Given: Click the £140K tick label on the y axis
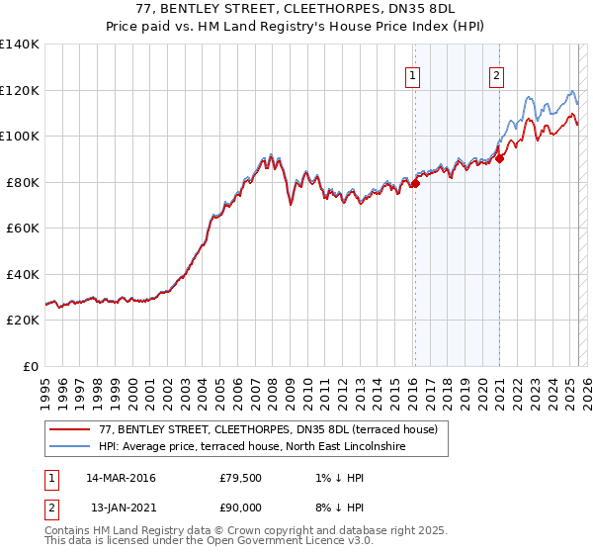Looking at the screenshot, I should (20, 45).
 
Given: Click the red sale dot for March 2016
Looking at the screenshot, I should (415, 183).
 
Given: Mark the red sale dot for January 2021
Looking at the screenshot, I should (500, 157).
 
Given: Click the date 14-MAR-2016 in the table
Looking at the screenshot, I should (121, 478).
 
